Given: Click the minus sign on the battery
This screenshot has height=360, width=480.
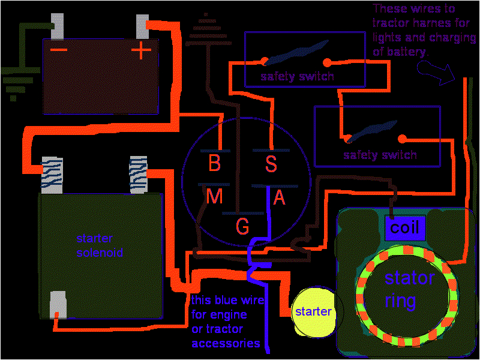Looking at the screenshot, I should click(59, 49).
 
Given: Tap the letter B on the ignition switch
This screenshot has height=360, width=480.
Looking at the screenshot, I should click(214, 163).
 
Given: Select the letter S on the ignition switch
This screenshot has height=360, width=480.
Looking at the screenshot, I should click(272, 163).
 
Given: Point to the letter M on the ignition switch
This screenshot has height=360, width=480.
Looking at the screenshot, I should click(214, 196).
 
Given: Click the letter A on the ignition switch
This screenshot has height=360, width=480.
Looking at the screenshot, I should click(279, 198).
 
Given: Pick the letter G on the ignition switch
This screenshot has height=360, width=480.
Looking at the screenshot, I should click(242, 226).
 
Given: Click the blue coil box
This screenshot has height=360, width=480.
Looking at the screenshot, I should click(405, 228).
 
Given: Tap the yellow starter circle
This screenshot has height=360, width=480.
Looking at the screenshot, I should click(313, 311).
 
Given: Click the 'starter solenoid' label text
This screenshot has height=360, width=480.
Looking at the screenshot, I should click(100, 245).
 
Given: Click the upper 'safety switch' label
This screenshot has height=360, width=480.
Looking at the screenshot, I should click(297, 76).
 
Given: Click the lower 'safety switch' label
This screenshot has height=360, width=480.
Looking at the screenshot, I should click(380, 155).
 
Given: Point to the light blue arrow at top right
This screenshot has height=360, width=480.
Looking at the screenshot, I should click(436, 75).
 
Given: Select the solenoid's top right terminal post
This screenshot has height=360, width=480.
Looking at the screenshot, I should click(138, 175).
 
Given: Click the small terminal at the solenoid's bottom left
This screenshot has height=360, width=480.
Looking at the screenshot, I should click(58, 304).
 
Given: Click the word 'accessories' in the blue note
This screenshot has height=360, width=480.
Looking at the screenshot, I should click(226, 343).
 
